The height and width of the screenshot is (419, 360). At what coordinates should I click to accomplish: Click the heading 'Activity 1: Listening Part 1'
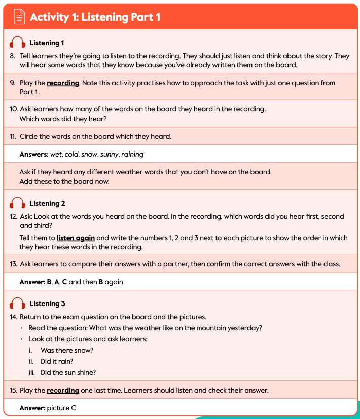[x=95, y=17]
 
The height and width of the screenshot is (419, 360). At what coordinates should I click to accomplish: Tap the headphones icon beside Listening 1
[x=18, y=43]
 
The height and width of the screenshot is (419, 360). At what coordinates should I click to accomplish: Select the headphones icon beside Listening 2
[x=18, y=204]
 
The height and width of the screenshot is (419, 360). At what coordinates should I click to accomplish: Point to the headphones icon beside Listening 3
[x=18, y=304]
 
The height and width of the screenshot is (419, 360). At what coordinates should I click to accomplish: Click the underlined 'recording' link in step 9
[x=63, y=83]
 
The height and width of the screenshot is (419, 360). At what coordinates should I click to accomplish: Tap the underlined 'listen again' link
[x=75, y=238]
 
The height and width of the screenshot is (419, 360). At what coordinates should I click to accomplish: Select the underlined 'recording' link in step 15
[x=63, y=390]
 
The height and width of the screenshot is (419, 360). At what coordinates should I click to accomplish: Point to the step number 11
[x=13, y=136]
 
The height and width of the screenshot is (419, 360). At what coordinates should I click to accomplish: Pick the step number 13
[x=13, y=264]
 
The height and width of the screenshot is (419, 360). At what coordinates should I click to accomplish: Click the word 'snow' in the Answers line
[x=89, y=154]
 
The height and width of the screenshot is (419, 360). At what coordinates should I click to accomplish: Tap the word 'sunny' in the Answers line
[x=109, y=154]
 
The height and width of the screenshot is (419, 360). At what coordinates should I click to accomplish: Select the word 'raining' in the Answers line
[x=132, y=154]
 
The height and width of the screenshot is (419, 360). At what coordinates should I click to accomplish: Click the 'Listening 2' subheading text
[x=47, y=203]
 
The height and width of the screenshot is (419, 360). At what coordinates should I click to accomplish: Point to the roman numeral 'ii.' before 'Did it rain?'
[x=31, y=361]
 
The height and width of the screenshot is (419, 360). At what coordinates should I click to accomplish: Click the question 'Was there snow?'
[x=67, y=350]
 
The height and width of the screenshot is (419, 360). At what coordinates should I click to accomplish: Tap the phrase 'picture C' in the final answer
[x=61, y=408]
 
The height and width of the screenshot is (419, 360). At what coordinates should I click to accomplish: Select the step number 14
[x=14, y=317]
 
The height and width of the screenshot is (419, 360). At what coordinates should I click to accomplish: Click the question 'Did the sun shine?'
[x=68, y=372]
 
